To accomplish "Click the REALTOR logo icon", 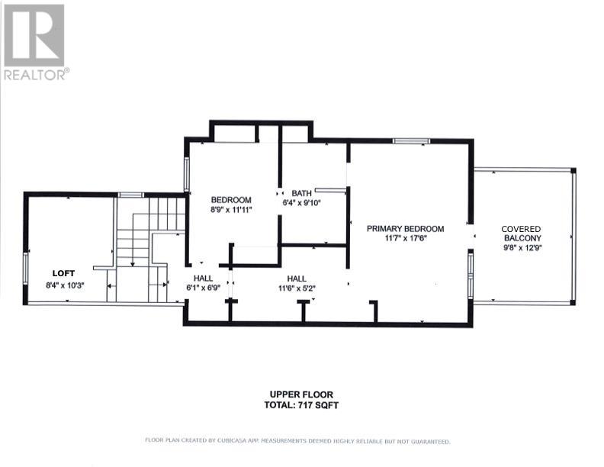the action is pos(34,35).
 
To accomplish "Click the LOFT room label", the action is pos(63,273).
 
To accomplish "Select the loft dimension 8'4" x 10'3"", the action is pos(65,285).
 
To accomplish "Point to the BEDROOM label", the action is pos(231,200).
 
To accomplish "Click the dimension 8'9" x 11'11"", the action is pos(232,210).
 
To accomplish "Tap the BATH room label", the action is pos(301,193).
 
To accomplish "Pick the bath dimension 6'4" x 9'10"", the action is pos(301,203).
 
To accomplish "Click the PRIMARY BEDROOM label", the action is pos(405,228).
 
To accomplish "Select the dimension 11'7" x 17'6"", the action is pos(406,238).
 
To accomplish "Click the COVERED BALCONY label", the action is pos(522,233).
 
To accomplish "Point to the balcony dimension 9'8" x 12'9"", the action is pos(522,248).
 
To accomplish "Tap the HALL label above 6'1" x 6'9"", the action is pos(203,278).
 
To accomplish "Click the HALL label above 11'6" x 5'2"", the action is pos(297,279).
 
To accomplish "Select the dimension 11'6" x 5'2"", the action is pos(297,288).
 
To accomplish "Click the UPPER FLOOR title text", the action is pos(301,395).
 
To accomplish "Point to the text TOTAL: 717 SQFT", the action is pos(301,405).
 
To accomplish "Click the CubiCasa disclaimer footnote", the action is pos(297,441).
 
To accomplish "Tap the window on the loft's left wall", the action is pos(26,269).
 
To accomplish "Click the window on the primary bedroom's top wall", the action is pos(411,141).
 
